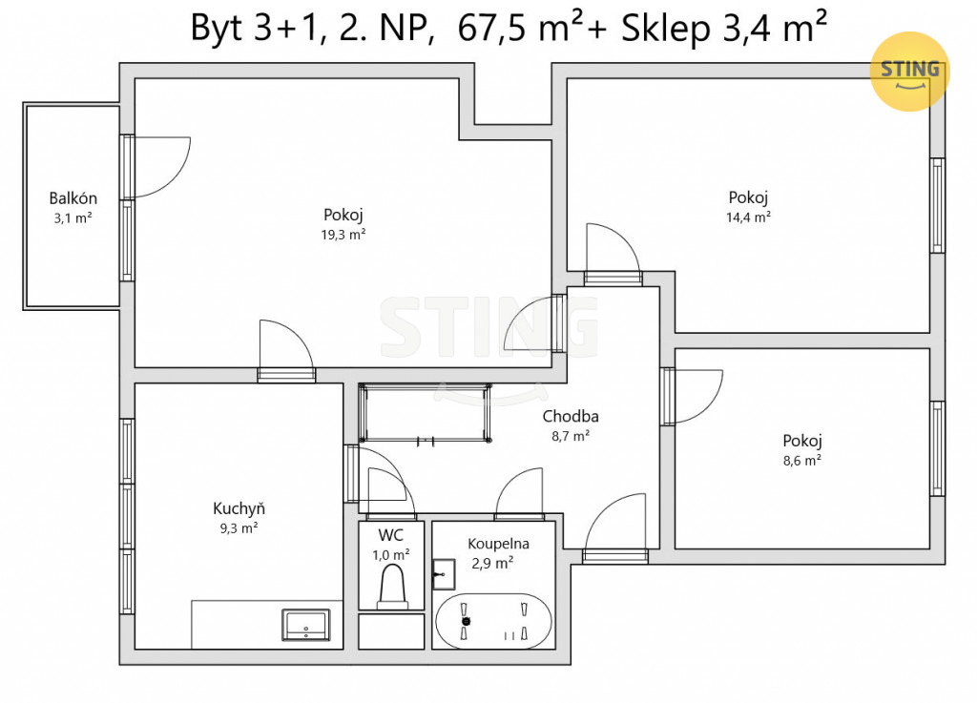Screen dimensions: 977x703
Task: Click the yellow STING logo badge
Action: click(909, 71)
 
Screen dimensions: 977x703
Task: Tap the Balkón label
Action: click(73, 198)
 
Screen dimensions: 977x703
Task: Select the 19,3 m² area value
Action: click(343, 234)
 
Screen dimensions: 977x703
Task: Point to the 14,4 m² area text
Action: click(748, 217)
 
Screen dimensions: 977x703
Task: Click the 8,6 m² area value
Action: click(801, 460)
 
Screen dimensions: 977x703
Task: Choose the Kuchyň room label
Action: click(239, 508)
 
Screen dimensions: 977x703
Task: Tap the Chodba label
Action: click(571, 416)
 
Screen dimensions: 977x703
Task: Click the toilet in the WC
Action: click(392, 590)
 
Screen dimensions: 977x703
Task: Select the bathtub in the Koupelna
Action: click(493, 621)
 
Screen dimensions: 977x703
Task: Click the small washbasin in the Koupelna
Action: click(444, 573)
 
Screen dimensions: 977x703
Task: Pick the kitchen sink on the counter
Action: click(306, 625)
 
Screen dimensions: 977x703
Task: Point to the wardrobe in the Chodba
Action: click(426, 413)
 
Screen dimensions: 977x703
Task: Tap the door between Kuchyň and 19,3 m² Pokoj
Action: click(286, 349)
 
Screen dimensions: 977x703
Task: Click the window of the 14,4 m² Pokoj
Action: click(938, 205)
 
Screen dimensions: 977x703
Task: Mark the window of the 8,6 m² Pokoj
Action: click(938, 448)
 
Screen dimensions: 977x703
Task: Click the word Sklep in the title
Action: click(665, 30)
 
